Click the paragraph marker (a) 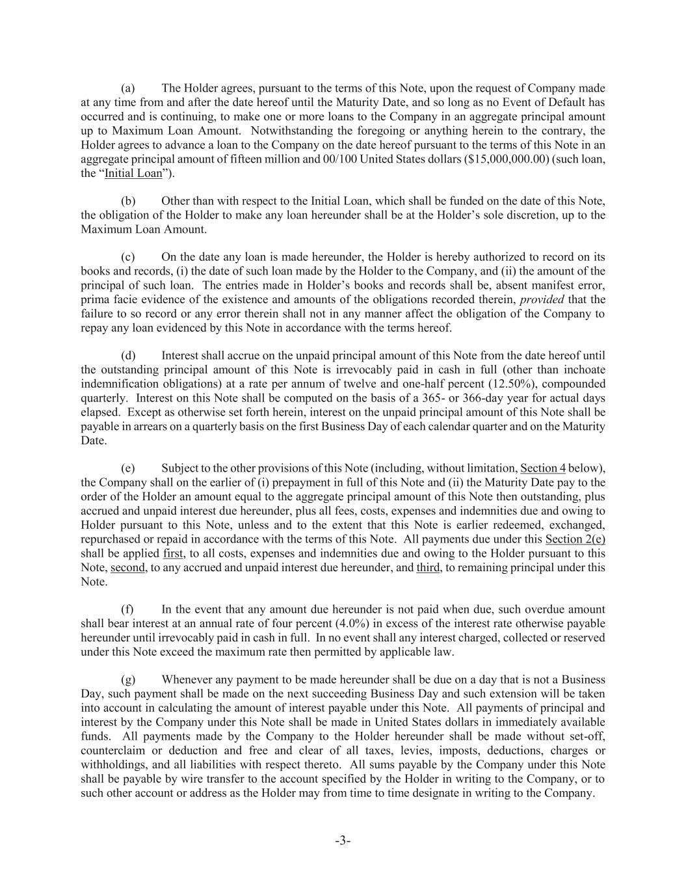128,88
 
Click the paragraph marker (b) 128,201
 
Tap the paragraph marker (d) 128,356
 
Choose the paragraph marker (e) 128,468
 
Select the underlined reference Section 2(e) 575,539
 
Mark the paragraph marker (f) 127,610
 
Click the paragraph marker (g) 128,680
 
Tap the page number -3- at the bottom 343,841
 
